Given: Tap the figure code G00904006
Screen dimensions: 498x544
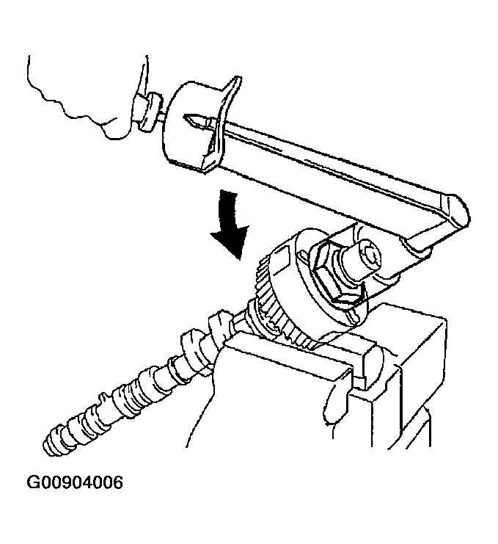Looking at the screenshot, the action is [x=75, y=482].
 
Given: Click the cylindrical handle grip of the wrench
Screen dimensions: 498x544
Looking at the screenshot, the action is [x=192, y=126].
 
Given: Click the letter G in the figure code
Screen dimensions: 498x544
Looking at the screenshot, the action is [x=34, y=482].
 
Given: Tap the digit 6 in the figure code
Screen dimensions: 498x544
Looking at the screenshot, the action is [x=117, y=482].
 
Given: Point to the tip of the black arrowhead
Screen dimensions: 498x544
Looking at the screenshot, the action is [x=238, y=259].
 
